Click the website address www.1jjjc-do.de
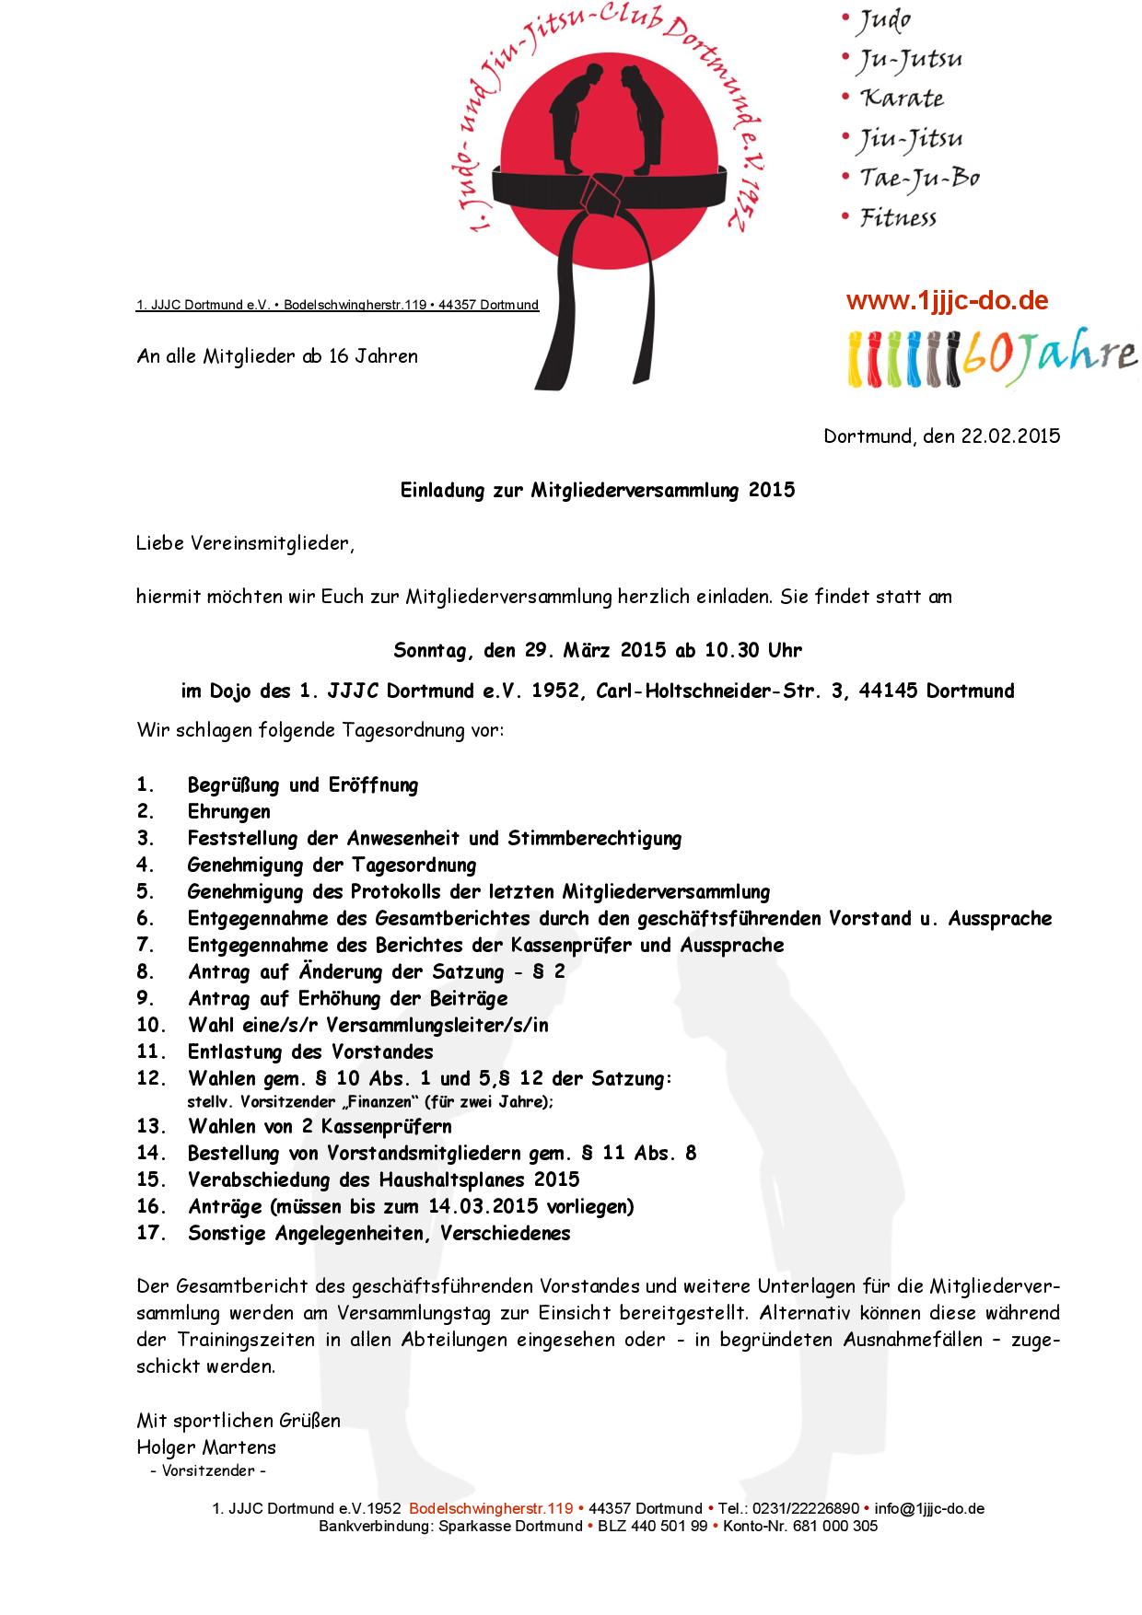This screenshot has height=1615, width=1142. tap(947, 300)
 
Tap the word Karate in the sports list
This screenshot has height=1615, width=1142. tap(902, 99)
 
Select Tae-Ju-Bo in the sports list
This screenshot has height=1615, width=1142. tap(918, 178)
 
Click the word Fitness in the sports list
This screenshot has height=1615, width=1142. tap(898, 218)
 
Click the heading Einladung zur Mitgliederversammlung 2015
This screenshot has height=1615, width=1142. tap(597, 490)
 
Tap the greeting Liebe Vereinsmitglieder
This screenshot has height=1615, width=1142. tap(245, 543)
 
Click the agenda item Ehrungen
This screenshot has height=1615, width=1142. tap(229, 812)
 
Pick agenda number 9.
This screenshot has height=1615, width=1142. tap(146, 999)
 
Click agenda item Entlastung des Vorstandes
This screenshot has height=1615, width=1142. tap(310, 1051)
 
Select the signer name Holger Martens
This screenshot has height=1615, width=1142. tap(206, 1447)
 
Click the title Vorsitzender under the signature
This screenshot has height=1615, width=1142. tap(208, 1470)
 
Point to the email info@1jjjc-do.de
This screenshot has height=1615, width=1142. tap(929, 1508)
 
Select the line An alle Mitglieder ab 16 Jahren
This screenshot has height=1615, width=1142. tap(277, 356)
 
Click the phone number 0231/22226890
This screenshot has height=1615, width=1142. tap(805, 1508)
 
